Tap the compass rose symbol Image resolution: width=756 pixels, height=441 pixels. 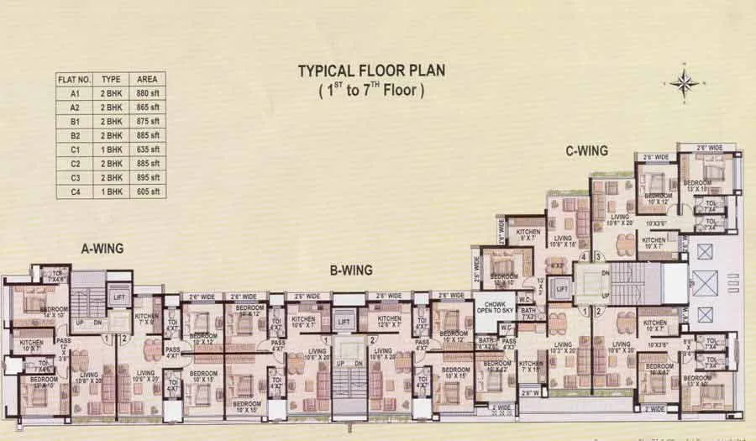pyautogui.click(x=685, y=82)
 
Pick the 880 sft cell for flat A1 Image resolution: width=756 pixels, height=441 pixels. pyautogui.click(x=148, y=93)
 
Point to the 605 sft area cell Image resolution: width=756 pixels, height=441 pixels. pyautogui.click(x=148, y=192)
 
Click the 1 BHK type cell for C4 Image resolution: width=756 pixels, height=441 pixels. pyautogui.click(x=111, y=192)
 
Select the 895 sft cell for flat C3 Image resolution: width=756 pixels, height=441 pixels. pyautogui.click(x=148, y=178)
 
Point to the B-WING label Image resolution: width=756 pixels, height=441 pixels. pyautogui.click(x=351, y=270)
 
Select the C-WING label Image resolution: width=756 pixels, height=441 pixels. pyautogui.click(x=586, y=152)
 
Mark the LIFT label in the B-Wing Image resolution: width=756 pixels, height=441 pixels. pyautogui.click(x=342, y=321)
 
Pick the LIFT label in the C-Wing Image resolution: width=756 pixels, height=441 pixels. pyautogui.click(x=562, y=288)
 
